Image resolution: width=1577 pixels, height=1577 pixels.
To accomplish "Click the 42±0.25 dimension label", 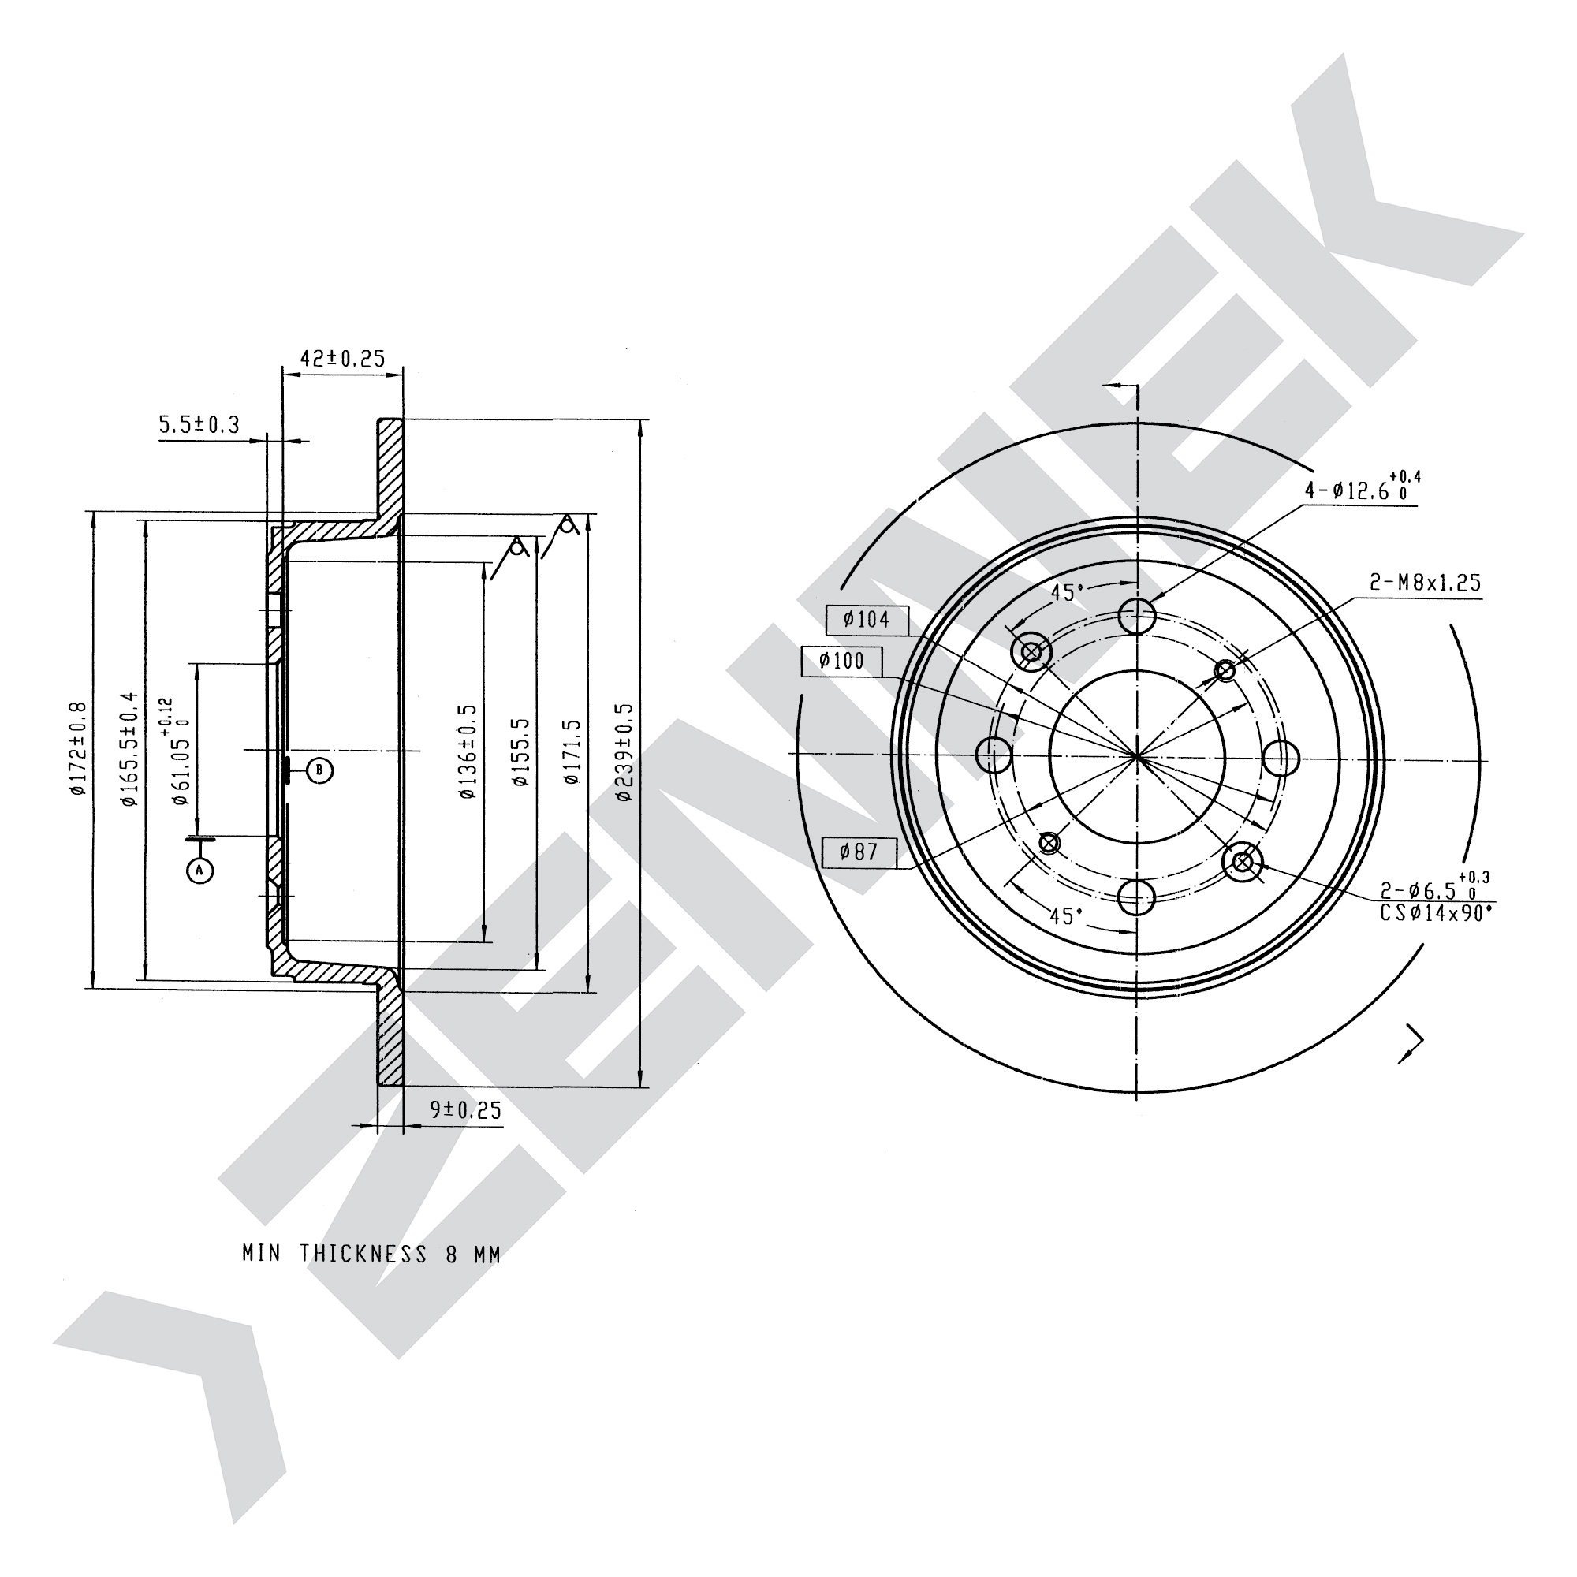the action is (x=342, y=358).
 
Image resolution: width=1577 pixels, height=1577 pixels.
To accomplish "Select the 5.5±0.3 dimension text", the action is (x=199, y=424).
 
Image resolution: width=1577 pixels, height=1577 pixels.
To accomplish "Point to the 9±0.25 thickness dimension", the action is (x=465, y=1109).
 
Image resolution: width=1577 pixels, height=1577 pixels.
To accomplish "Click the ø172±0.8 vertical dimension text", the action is (x=77, y=747).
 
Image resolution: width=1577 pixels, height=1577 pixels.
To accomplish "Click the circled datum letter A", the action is (x=200, y=871).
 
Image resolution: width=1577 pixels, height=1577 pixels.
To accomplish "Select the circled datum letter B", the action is (x=320, y=770).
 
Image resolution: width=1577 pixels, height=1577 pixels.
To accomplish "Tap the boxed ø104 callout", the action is (x=866, y=620).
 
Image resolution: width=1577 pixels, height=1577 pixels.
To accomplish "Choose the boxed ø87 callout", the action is (x=859, y=852).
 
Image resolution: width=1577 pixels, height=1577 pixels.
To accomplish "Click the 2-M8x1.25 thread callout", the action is (x=1424, y=583).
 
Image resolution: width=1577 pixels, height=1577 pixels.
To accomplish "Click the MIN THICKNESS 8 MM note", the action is (x=371, y=1254).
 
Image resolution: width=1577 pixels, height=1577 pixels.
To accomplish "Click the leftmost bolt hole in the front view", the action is (x=995, y=755).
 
